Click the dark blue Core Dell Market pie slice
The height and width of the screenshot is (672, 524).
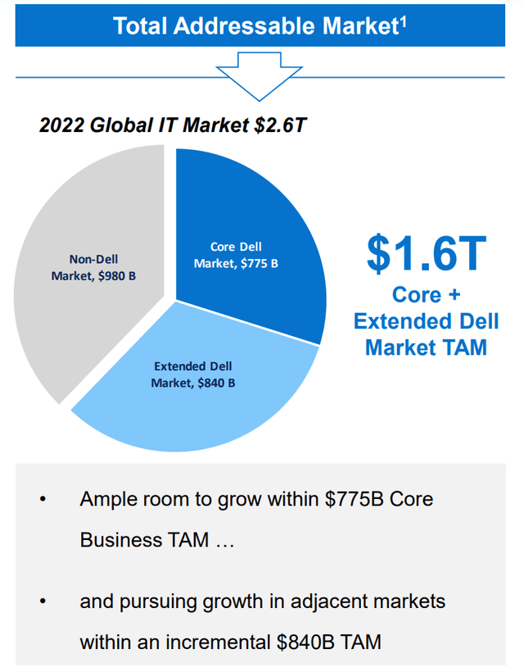pyautogui.click(x=246, y=213)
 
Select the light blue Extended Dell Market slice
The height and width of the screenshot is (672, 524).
pyautogui.click(x=205, y=402)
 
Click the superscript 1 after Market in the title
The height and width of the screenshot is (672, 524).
pyautogui.click(x=403, y=20)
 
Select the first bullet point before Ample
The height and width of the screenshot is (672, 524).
pyautogui.click(x=43, y=499)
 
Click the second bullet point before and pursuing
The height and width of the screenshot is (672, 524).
pyautogui.click(x=43, y=602)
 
